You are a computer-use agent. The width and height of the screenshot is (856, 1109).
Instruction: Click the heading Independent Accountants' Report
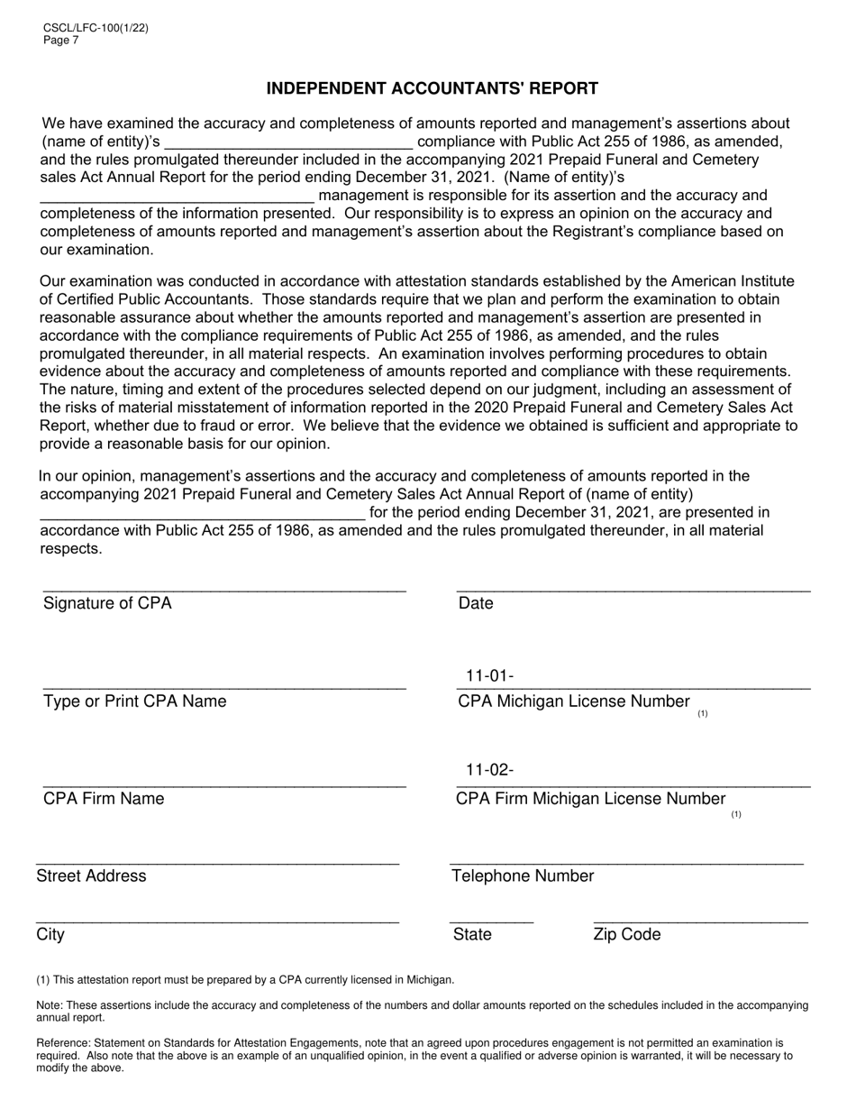point(432,88)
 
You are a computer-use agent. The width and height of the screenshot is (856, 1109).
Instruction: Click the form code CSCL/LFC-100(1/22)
point(96,28)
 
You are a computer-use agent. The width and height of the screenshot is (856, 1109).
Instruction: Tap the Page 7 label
point(61,40)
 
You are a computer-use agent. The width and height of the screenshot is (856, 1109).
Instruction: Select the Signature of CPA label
point(107,603)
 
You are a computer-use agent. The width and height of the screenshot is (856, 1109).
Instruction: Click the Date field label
point(476,603)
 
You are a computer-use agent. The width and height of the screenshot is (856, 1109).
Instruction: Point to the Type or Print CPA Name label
point(135,701)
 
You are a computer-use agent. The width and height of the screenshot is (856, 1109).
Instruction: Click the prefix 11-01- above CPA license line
point(489,676)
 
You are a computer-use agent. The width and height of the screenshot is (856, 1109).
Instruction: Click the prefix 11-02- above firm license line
point(489,770)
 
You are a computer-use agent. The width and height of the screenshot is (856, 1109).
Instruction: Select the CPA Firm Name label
point(104,799)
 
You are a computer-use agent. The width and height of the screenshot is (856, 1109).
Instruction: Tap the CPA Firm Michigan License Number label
point(591,799)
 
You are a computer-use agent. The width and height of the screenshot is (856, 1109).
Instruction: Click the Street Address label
point(91,876)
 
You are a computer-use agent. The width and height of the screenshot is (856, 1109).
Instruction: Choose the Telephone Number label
point(524,876)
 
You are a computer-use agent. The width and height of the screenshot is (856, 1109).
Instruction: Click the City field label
point(50,934)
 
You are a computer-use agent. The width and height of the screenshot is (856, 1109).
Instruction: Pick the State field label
point(473,934)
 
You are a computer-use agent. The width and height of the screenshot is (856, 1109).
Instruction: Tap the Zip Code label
point(627,934)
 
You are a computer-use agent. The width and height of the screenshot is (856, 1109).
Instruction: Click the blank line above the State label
point(492,921)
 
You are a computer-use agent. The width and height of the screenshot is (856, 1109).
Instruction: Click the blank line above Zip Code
point(701,921)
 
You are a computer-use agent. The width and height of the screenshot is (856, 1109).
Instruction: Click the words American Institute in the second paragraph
point(735,281)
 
